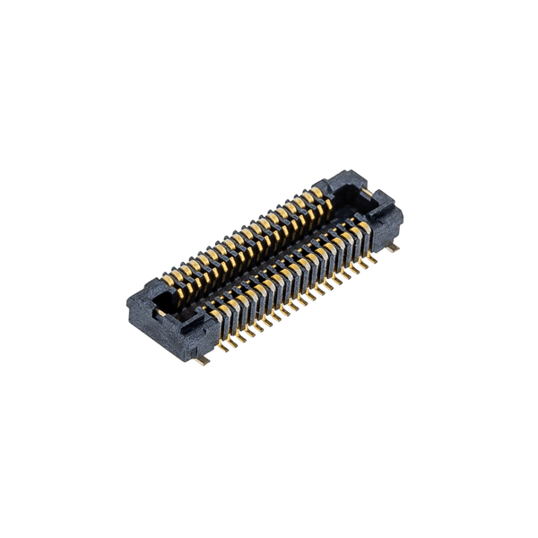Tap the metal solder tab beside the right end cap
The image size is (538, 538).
393,247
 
